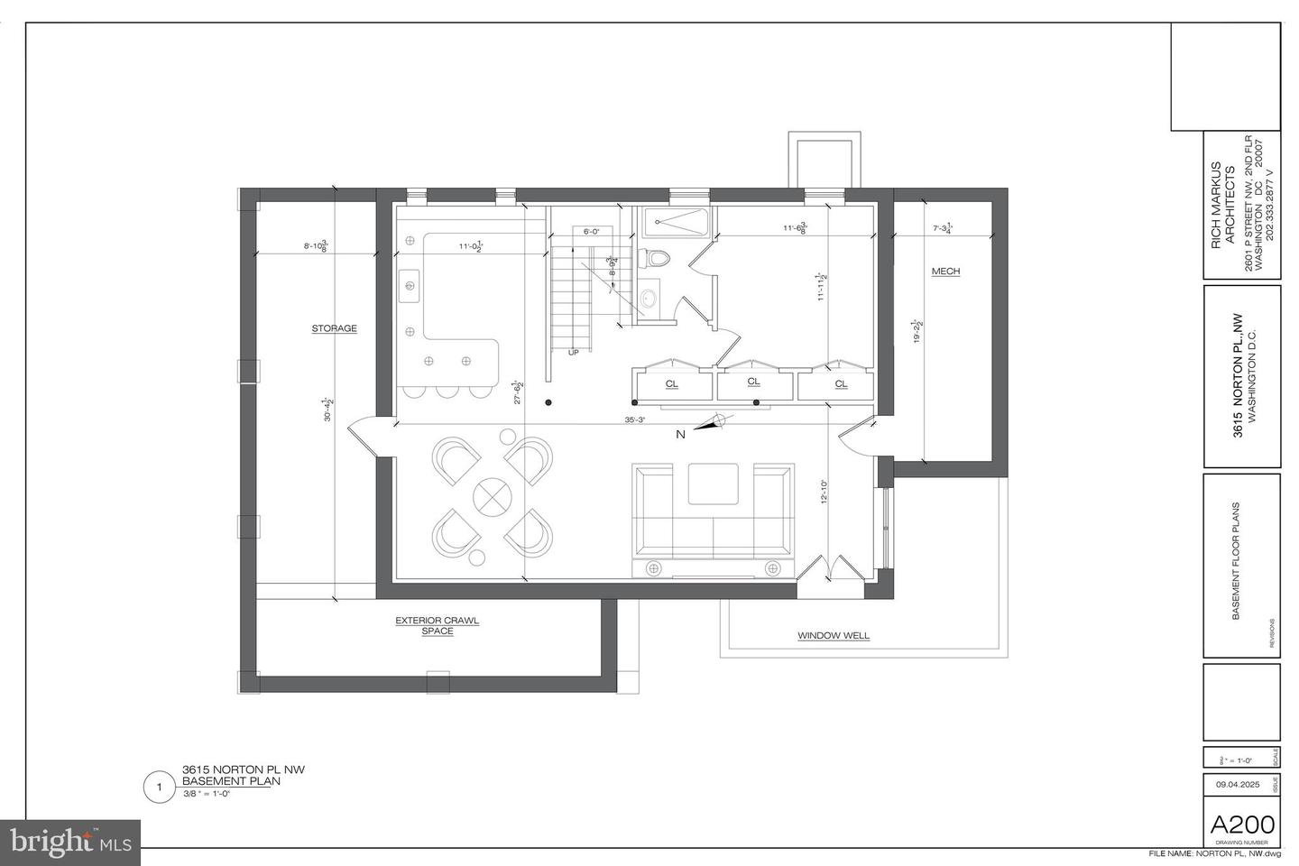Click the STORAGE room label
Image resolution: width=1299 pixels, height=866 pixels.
click(x=334, y=329)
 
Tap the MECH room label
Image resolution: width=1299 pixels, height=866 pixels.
click(x=945, y=272)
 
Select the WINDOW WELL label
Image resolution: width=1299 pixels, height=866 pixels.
click(x=833, y=636)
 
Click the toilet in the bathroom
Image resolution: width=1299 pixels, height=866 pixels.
click(x=655, y=259)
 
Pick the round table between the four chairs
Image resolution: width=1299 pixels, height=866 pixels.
click(x=493, y=495)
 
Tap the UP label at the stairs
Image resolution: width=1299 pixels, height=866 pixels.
click(x=573, y=353)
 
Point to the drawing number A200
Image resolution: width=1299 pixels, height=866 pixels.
click(x=1242, y=825)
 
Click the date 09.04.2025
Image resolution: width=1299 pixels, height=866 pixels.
click(x=1236, y=785)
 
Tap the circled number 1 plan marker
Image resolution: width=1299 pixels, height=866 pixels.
click(x=160, y=788)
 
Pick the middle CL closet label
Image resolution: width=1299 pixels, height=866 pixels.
click(x=753, y=382)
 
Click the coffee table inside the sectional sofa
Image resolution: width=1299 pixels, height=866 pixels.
click(x=713, y=484)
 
